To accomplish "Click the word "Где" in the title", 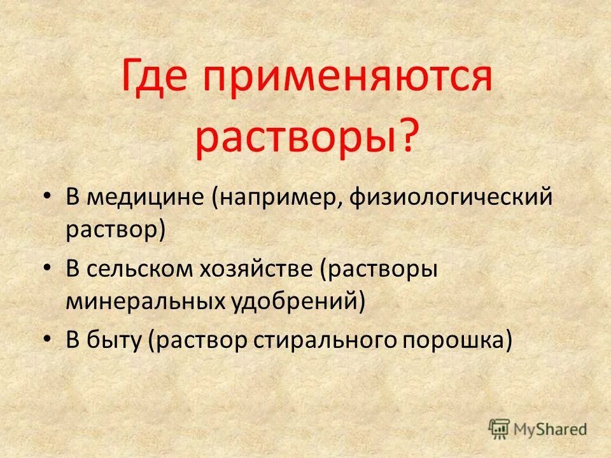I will point(156,80).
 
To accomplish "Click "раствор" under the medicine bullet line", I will point(112,230).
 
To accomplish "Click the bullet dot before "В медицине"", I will point(48,197).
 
